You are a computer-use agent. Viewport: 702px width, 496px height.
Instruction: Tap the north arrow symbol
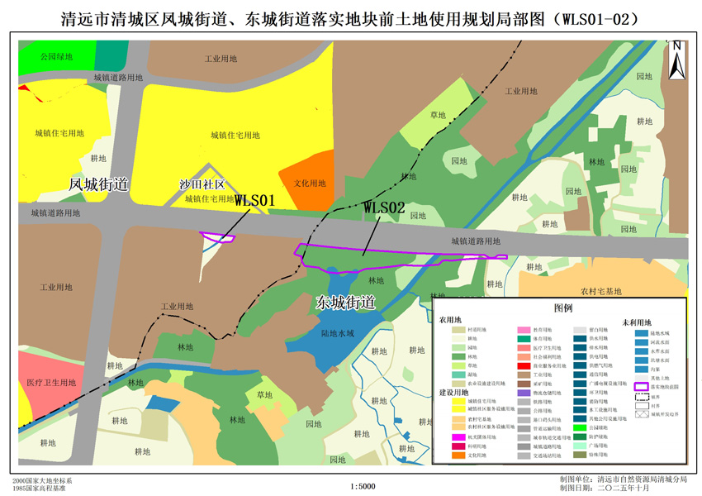(676, 60)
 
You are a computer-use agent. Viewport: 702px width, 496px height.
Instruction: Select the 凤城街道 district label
(99, 184)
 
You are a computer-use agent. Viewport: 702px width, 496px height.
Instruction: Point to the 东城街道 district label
(345, 303)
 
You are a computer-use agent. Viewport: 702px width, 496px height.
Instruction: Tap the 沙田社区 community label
(202, 184)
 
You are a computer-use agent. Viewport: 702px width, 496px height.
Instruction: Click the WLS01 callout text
(254, 200)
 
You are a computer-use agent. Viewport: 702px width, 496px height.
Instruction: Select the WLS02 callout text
(384, 207)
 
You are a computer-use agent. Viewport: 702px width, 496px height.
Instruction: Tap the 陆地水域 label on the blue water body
(337, 333)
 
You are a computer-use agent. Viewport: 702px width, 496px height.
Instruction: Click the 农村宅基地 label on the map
(600, 291)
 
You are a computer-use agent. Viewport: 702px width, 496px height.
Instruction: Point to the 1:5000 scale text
(363, 486)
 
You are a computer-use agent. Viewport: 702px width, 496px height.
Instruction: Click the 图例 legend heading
(563, 308)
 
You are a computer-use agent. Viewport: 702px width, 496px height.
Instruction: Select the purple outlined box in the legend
(640, 385)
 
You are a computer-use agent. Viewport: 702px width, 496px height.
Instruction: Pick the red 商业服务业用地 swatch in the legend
(524, 365)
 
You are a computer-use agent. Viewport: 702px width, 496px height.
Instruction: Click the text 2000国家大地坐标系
(42, 480)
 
